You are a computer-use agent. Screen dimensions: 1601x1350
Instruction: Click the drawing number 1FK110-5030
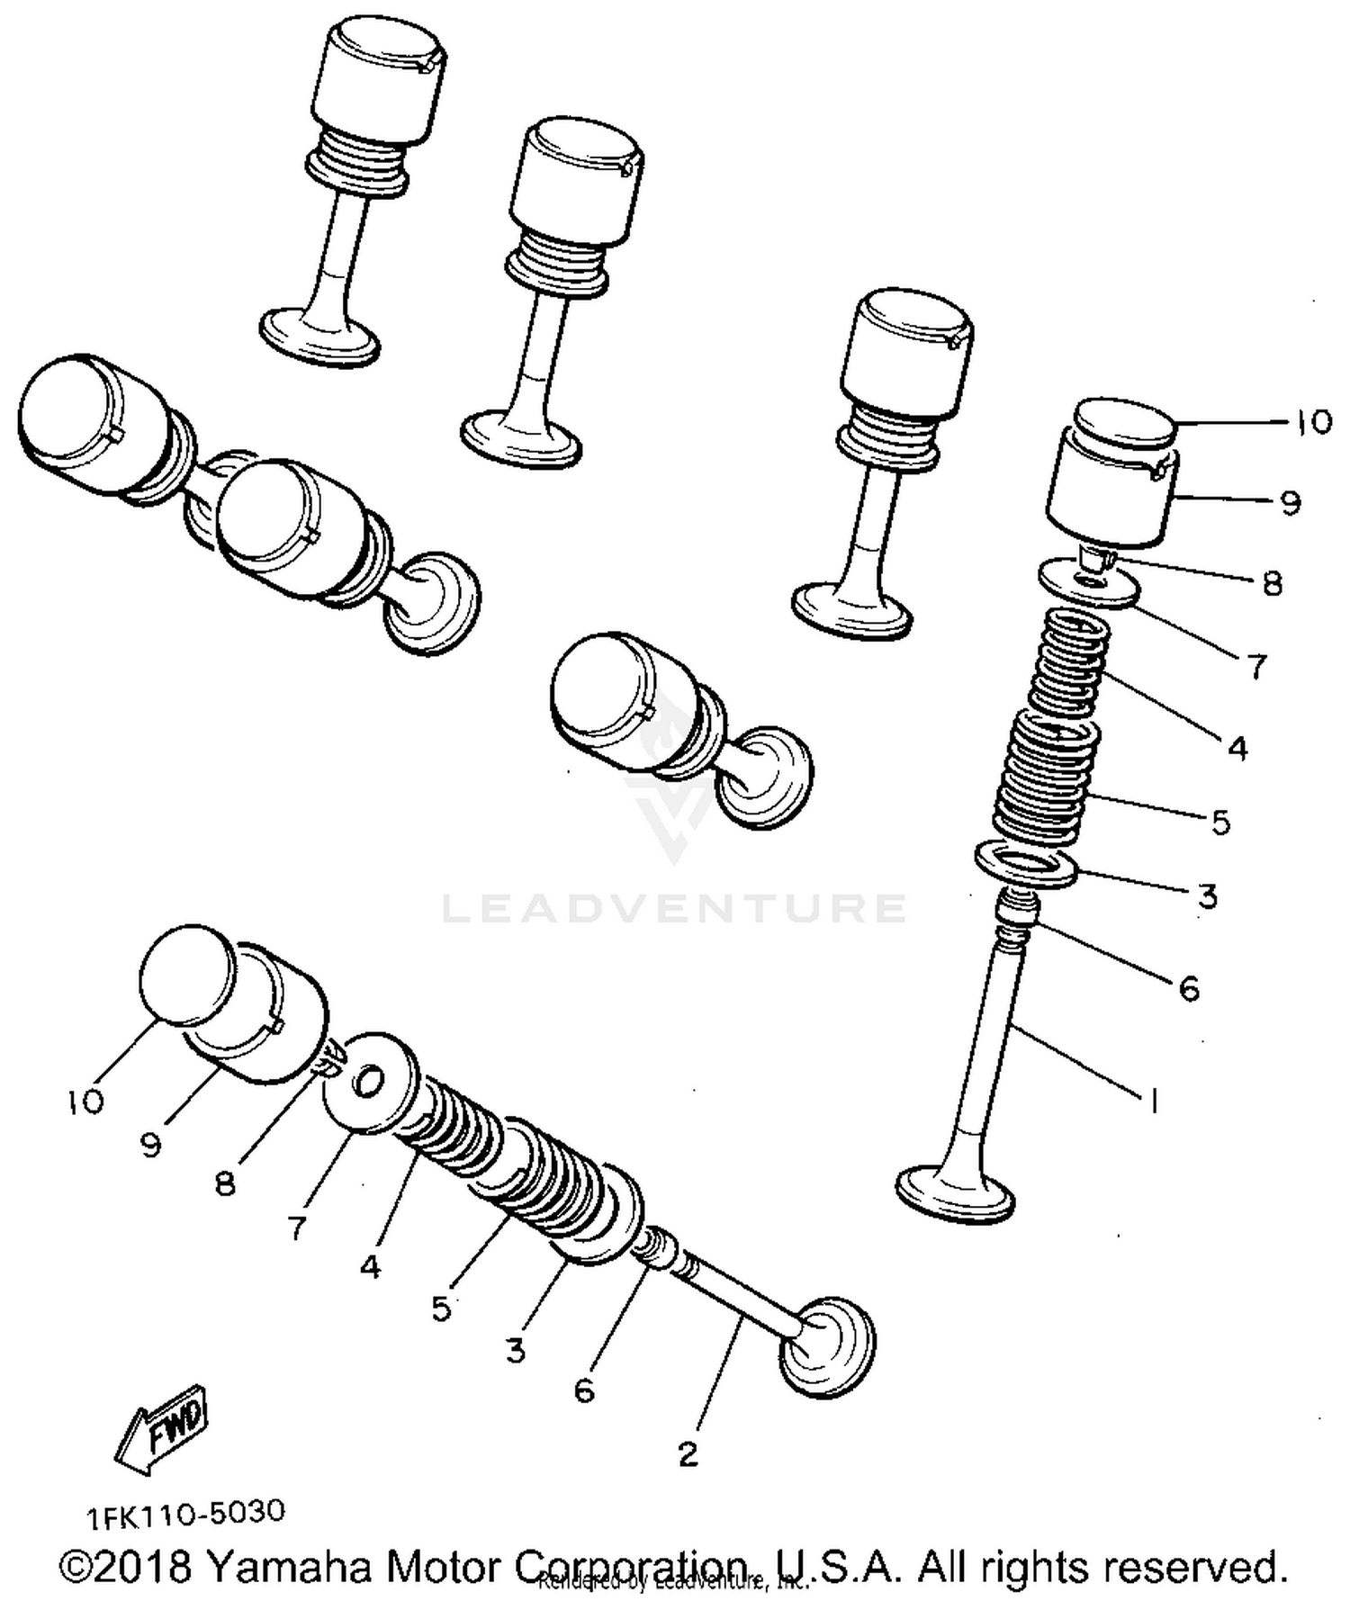coord(185,1514)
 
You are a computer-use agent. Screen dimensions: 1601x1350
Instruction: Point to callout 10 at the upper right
coord(1313,421)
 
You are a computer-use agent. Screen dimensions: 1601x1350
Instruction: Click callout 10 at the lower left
coord(85,1102)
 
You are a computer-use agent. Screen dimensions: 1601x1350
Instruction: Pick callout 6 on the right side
coord(1189,989)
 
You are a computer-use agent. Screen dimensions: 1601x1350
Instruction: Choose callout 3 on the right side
coord(1207,895)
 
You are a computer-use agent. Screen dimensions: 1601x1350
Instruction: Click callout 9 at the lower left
coord(151,1145)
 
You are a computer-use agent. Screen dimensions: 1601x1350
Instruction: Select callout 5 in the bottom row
coord(440,1308)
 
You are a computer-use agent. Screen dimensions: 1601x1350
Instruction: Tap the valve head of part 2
coord(828,1347)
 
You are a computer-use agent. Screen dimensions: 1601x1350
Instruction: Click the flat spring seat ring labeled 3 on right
coord(1026,865)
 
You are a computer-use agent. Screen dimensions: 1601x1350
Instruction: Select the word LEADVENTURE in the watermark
coord(674,908)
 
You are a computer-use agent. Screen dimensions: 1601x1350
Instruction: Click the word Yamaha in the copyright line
coord(290,1567)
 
